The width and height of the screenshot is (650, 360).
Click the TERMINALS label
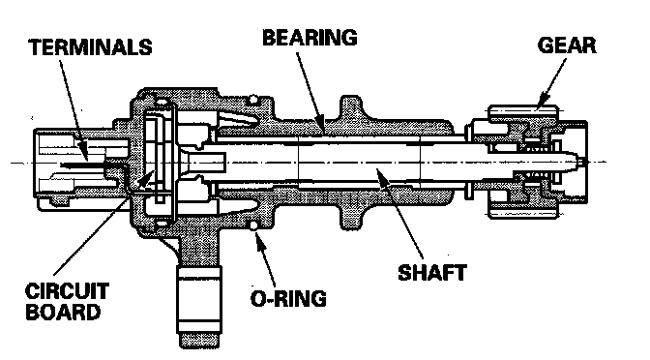tap(90, 47)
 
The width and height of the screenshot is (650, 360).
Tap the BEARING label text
tap(310, 38)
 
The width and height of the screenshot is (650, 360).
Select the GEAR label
tap(567, 45)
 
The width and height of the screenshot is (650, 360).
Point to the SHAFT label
tap(432, 273)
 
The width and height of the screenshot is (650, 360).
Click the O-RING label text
tap(288, 298)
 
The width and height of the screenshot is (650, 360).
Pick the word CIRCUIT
tap(67, 291)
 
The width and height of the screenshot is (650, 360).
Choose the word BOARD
tap(63, 312)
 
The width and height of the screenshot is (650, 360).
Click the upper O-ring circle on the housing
tap(252, 100)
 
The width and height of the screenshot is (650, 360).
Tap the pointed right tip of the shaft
tap(582, 162)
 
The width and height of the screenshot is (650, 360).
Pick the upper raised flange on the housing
tap(350, 108)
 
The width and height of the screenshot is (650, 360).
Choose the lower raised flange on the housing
tap(350, 216)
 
